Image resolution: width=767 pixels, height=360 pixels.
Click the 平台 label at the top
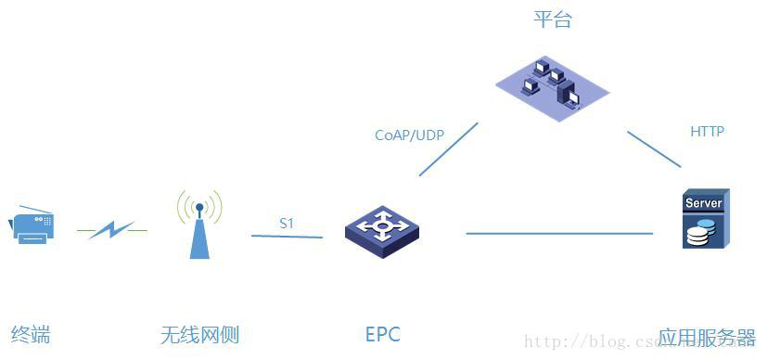click(552, 19)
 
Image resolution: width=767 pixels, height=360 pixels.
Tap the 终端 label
click(31, 334)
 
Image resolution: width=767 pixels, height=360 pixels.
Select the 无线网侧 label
click(199, 334)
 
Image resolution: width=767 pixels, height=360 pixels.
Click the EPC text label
click(382, 334)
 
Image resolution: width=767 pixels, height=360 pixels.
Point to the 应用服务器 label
click(707, 337)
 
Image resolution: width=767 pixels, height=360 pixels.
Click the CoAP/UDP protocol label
click(409, 135)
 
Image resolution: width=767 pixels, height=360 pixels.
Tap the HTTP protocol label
click(707, 132)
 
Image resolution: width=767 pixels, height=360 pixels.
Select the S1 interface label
click(287, 224)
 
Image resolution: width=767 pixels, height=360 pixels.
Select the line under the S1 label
click(287, 237)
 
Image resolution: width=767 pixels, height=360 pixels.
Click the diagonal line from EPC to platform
click(448, 148)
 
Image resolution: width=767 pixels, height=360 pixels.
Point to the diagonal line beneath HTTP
click(654, 148)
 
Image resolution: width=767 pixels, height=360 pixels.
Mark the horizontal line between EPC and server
click(566, 233)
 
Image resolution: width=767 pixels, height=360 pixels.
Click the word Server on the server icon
click(703, 202)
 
